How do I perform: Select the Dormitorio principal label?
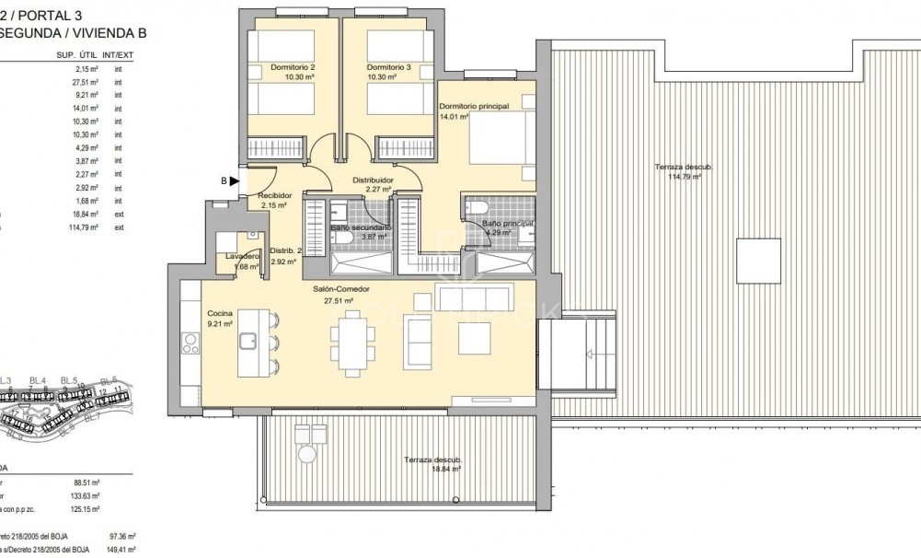tap(473, 107)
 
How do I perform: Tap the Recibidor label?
tap(274, 195)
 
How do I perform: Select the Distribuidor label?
tap(374, 180)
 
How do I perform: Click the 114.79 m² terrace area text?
tap(684, 177)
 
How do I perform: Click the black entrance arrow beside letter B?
tap(235, 181)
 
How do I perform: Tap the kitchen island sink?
tap(249, 341)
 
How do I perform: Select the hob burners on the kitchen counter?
tap(191, 344)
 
